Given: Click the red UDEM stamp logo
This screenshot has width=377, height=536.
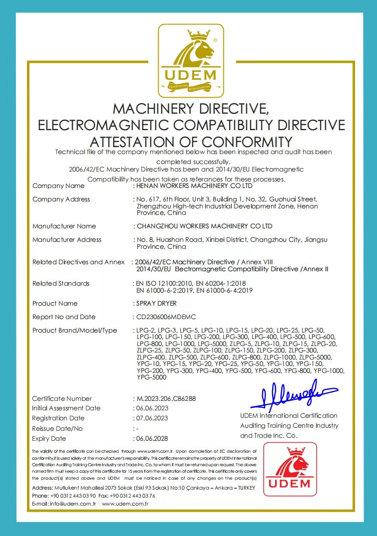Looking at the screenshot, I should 291,469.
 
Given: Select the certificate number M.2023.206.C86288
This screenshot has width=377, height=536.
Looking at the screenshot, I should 166,399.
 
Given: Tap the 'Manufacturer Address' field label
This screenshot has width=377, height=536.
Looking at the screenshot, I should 67,240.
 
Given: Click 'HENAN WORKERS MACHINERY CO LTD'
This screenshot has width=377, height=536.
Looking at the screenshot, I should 194,186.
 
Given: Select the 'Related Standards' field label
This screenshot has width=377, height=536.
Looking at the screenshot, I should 61,284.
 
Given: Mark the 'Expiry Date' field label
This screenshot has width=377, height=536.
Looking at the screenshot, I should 49,439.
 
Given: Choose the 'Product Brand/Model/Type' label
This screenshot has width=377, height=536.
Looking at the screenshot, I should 74,331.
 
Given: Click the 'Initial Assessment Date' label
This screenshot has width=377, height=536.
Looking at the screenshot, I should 66,408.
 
